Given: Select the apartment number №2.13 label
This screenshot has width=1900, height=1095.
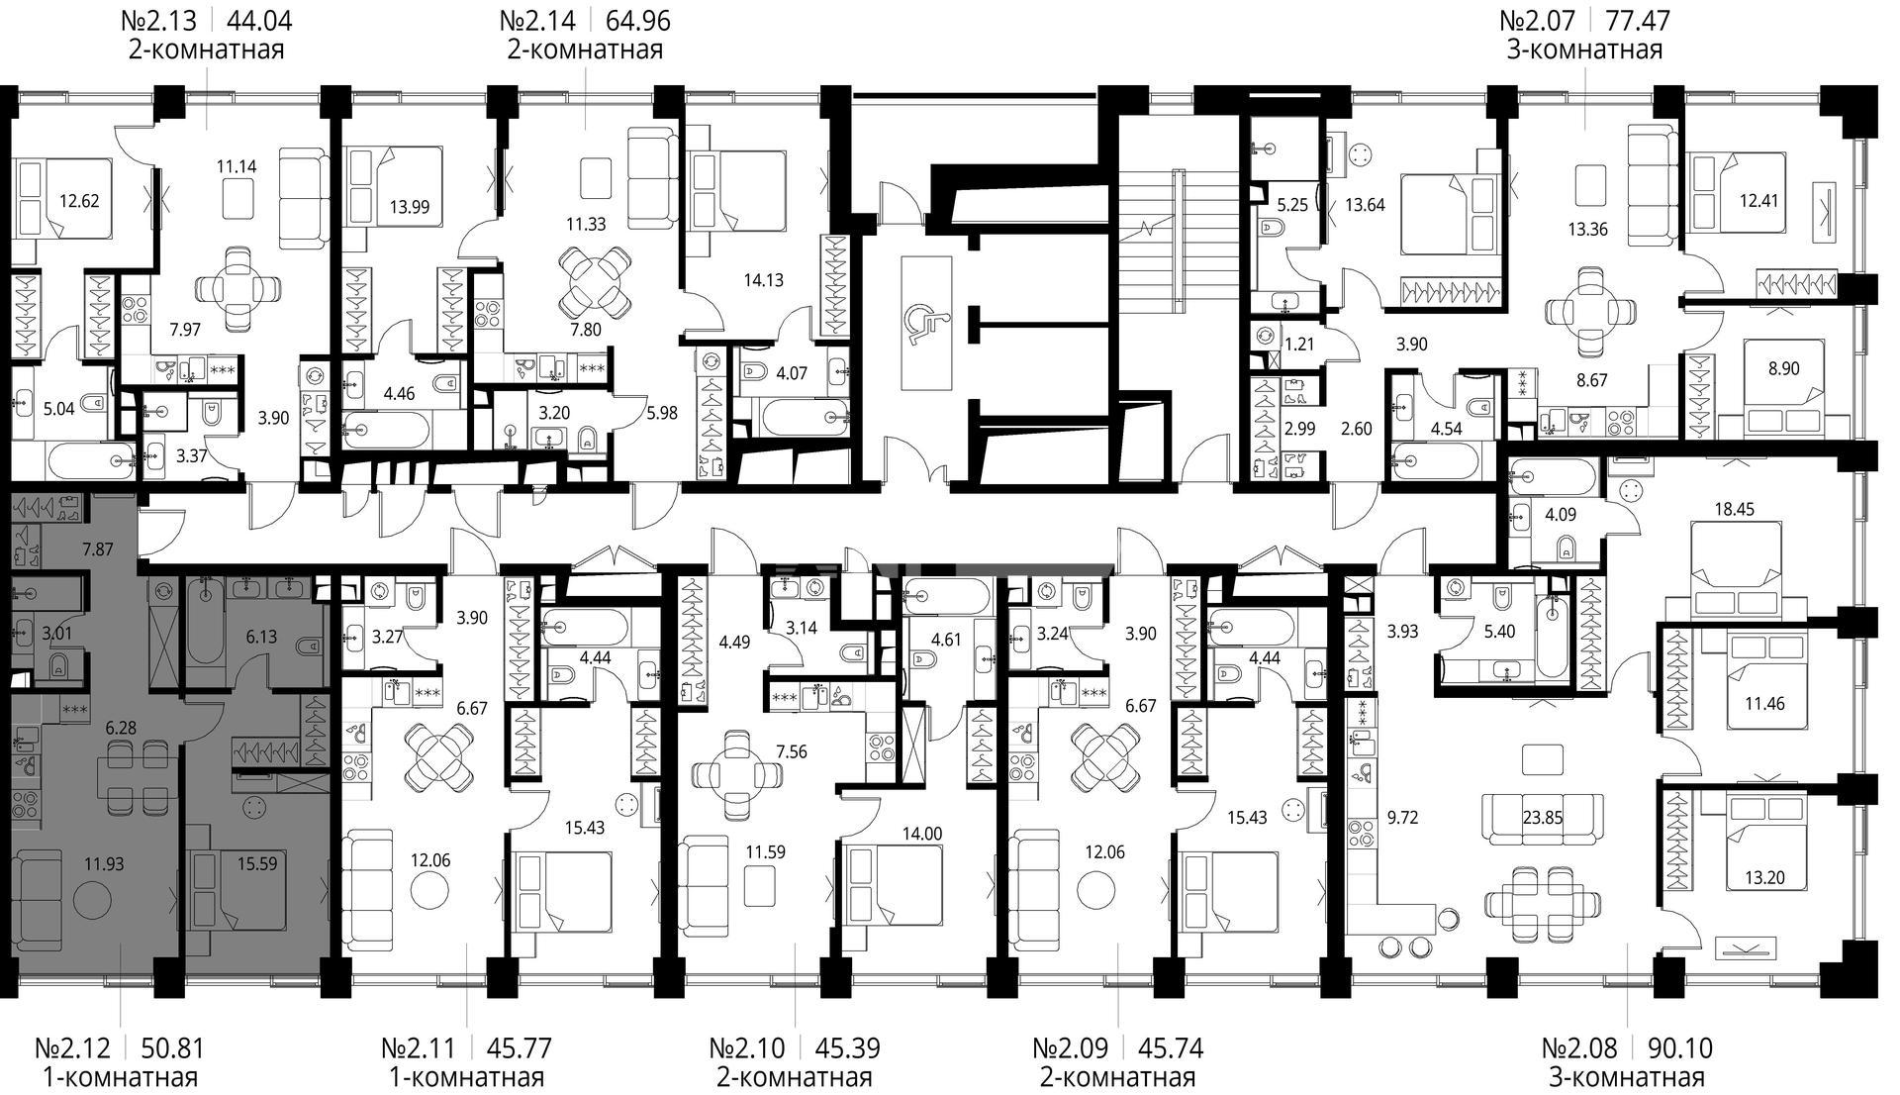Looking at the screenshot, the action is coord(158,20).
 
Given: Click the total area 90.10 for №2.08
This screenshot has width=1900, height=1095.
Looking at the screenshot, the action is coord(1680,1047).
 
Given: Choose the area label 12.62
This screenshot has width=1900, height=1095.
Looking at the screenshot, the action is coord(79,201).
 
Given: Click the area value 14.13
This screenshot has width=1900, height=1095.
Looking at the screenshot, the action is coord(763,280).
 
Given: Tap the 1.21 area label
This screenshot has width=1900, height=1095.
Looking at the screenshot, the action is coord(1297,345).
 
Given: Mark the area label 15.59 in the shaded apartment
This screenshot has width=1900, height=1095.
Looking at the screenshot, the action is coord(256,863).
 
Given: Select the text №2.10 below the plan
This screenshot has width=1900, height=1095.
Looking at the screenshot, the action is coord(747,1047).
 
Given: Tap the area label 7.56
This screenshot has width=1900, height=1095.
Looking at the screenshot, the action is coord(791,751).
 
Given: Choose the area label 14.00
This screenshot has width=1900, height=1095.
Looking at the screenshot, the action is coord(921,834).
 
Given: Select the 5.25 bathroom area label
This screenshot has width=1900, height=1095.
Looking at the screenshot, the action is coord(1292,205).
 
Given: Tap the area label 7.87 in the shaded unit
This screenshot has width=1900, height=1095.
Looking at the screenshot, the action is coord(97,547).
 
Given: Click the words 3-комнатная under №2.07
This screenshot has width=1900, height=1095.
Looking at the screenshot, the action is coord(1584,50).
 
